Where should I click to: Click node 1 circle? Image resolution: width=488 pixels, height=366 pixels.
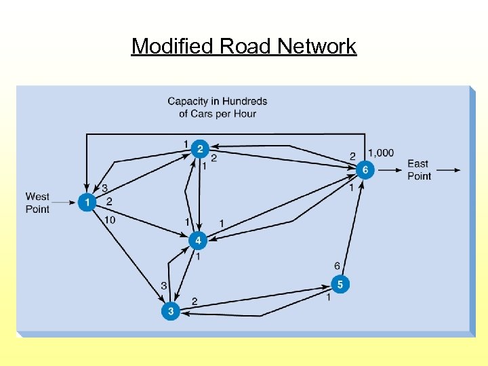pyautogui.click(x=87, y=202)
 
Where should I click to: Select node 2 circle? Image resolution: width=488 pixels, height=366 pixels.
pyautogui.click(x=199, y=148)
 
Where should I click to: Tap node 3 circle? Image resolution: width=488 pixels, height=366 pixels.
pyautogui.click(x=171, y=311)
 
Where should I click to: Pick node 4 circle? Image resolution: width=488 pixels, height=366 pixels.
pyautogui.click(x=198, y=241)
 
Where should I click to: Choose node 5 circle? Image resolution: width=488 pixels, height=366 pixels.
pyautogui.click(x=340, y=284)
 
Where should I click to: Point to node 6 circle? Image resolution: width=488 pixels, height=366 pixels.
pyautogui.click(x=365, y=169)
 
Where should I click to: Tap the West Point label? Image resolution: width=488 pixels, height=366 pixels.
pyautogui.click(x=37, y=203)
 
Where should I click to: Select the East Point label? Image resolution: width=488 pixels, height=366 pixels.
pyautogui.click(x=419, y=169)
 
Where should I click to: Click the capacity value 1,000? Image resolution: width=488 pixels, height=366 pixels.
pyautogui.click(x=380, y=152)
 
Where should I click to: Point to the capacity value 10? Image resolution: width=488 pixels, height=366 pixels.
pyautogui.click(x=110, y=220)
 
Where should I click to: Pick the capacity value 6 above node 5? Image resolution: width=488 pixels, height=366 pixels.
pyautogui.click(x=337, y=266)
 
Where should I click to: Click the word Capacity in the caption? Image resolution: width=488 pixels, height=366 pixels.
pyautogui.click(x=188, y=102)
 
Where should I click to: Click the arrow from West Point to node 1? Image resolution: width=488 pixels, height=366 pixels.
pyautogui.click(x=64, y=202)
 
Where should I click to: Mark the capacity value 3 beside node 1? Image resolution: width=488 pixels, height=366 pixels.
pyautogui.click(x=104, y=188)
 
